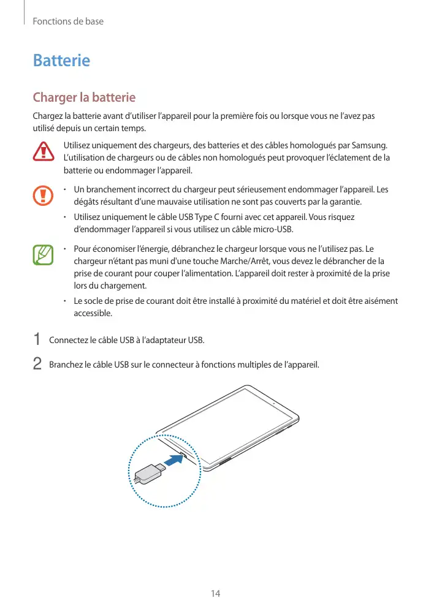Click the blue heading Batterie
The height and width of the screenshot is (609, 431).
(61, 61)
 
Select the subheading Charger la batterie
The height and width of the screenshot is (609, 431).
(84, 97)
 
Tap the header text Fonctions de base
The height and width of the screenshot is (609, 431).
(67, 21)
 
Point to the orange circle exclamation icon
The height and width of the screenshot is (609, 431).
(44, 195)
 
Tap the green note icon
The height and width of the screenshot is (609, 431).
(44, 255)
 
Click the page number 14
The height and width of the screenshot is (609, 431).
(215, 594)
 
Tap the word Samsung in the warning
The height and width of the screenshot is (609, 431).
(370, 145)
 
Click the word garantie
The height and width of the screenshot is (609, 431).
(345, 202)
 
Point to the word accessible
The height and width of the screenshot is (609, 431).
(93, 313)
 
